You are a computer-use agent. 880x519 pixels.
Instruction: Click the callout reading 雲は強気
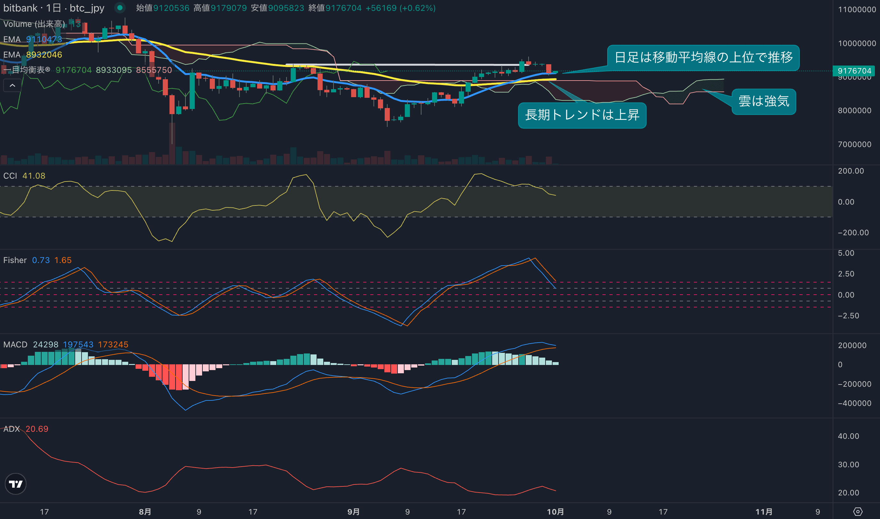coord(764,101)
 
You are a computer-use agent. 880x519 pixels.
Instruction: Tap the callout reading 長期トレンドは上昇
coord(582,115)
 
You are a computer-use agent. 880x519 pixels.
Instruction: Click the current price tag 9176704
coord(854,71)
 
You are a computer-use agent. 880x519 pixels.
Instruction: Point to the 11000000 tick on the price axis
coord(857,10)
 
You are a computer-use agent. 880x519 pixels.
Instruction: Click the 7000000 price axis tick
coord(854,144)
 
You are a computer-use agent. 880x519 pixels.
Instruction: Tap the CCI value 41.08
coord(34,176)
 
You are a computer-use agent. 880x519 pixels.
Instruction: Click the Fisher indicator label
coord(15,260)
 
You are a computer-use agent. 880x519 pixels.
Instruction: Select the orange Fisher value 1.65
coord(63,260)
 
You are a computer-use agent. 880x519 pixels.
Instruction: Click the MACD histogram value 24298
coord(45,345)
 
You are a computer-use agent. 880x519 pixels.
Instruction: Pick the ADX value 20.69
coord(37,429)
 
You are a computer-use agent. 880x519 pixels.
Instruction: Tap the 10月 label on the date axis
coord(555,512)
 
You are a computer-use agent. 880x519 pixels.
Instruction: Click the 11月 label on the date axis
coord(764,512)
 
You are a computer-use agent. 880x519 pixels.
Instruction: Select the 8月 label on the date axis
coord(145,512)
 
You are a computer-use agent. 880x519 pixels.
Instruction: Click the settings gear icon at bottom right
coord(858,512)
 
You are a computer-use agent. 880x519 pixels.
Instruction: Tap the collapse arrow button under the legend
coord(12,85)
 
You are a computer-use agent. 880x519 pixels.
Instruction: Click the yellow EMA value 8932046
coord(44,55)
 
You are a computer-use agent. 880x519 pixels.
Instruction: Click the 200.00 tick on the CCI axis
coord(851,171)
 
